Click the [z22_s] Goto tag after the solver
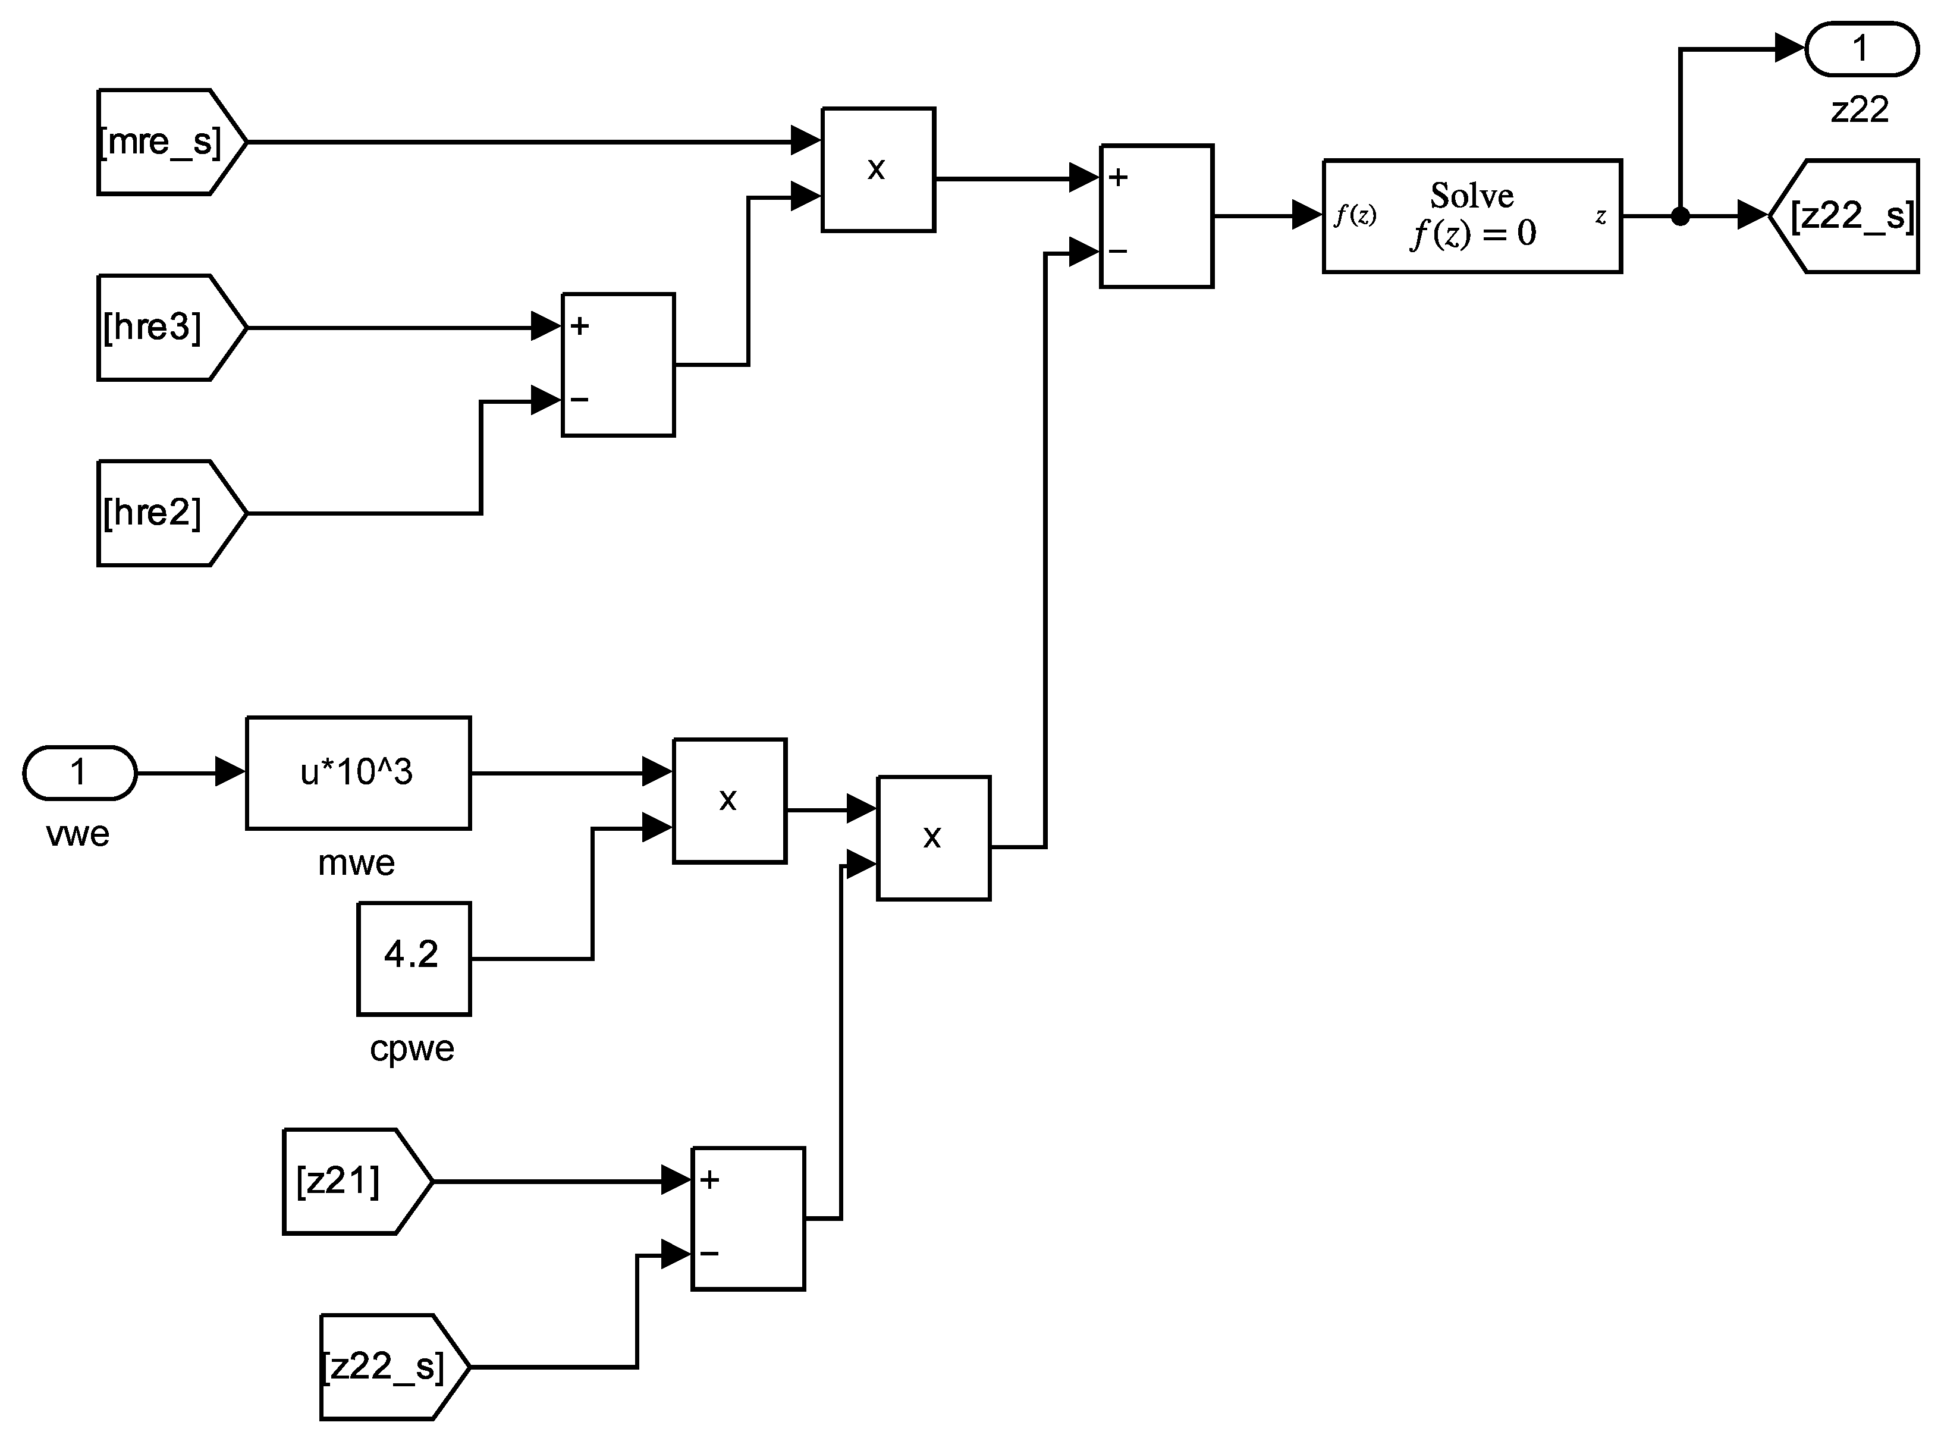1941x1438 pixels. [1849, 216]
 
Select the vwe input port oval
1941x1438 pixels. [79, 772]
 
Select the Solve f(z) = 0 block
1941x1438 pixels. [1472, 216]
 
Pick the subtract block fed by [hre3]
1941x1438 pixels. [618, 365]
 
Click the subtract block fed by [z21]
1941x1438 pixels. [747, 1219]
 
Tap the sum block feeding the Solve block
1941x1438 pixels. [1156, 216]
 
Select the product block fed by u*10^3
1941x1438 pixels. [730, 801]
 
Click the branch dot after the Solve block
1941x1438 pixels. [1680, 216]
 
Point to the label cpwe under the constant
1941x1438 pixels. [412, 1048]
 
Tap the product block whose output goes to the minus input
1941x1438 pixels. [933, 837]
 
